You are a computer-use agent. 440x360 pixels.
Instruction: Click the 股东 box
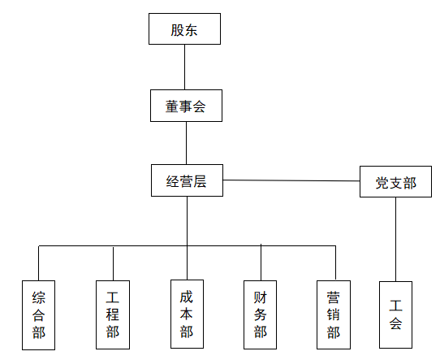(x=184, y=28)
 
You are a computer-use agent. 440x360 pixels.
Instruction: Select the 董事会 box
(x=187, y=106)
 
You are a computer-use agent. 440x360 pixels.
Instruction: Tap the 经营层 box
(x=188, y=180)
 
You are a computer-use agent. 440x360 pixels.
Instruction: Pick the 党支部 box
(x=395, y=182)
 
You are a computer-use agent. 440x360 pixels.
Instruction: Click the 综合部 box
(x=38, y=315)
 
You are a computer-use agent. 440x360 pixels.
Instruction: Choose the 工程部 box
(x=113, y=314)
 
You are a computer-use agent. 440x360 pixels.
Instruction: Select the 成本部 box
(x=188, y=314)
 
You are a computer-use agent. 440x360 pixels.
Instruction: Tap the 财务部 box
(x=260, y=314)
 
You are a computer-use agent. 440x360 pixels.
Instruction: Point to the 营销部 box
(x=334, y=314)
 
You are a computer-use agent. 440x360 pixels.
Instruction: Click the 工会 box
(x=395, y=314)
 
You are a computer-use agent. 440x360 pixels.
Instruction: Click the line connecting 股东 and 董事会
(x=184, y=67)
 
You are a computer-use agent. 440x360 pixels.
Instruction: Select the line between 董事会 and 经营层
(x=187, y=143)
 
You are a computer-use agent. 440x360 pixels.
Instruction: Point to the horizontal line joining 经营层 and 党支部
(x=291, y=180)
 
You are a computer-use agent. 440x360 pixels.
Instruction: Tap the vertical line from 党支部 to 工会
(x=396, y=239)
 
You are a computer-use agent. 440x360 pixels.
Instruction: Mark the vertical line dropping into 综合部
(x=39, y=263)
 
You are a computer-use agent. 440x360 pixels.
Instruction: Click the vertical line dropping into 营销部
(x=335, y=263)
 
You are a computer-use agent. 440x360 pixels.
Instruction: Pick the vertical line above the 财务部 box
(x=261, y=262)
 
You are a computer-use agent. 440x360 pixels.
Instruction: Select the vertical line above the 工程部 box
(x=113, y=263)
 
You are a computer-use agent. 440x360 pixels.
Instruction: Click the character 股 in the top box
(x=177, y=30)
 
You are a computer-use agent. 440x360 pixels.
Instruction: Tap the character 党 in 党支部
(x=382, y=183)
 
